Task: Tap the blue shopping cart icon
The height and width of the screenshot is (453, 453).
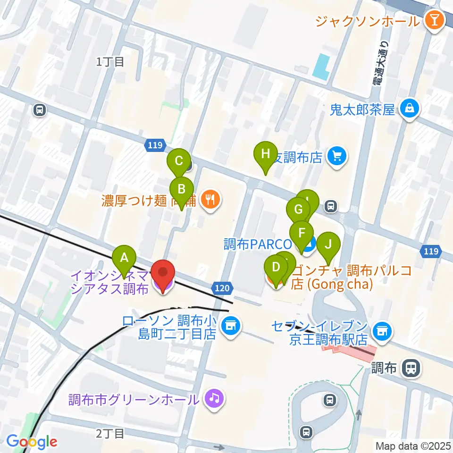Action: (337, 156)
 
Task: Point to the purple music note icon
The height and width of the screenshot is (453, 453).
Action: (214, 399)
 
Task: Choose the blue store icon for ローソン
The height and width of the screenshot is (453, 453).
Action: (230, 326)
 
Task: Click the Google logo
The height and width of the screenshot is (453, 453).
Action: (32, 442)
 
